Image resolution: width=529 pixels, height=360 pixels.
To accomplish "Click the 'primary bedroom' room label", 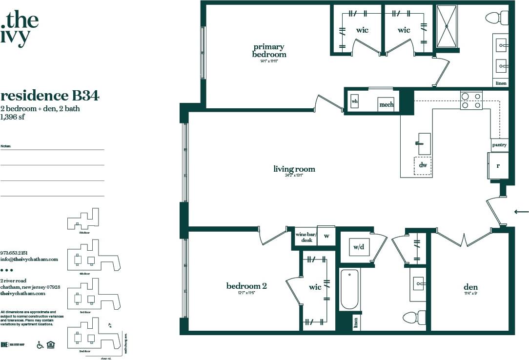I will click(x=269, y=51).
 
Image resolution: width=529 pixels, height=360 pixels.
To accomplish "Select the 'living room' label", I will click(x=294, y=169).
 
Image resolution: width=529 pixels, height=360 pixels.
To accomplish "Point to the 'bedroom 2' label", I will click(x=246, y=286).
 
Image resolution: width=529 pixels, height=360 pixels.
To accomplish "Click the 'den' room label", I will click(x=470, y=287).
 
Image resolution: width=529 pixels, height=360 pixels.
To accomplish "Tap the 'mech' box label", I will click(x=386, y=104).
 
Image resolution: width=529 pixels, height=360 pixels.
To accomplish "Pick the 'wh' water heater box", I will click(x=355, y=101).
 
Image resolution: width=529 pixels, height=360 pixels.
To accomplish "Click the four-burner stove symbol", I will click(x=471, y=100).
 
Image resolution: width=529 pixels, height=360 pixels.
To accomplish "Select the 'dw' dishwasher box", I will click(x=423, y=165).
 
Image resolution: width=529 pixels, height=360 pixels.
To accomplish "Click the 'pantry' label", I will click(x=499, y=145).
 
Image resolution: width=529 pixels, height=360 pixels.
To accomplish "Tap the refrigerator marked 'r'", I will click(x=498, y=165).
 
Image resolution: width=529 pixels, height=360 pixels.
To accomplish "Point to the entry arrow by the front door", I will click(x=521, y=211).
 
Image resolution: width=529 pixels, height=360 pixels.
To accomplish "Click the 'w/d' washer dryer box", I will click(x=359, y=247).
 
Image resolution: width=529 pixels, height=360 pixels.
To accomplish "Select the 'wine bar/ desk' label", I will click(x=306, y=237).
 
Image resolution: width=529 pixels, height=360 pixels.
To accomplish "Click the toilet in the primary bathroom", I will click(x=497, y=19).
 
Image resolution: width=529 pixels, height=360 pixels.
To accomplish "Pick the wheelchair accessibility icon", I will click(x=41, y=345).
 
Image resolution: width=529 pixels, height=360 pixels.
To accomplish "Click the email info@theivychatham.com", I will click(x=29, y=260).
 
